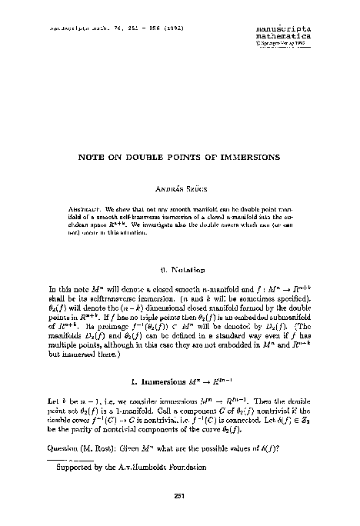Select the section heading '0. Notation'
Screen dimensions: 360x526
point(180,270)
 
